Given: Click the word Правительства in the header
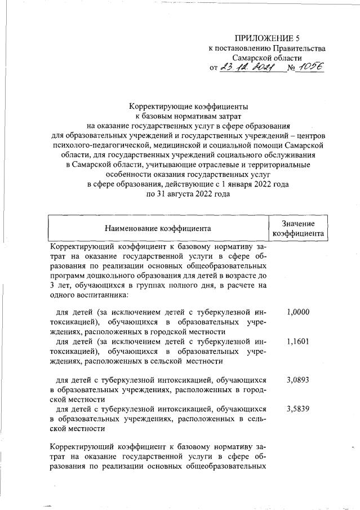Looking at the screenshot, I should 299,48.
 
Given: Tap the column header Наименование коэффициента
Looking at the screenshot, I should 157,229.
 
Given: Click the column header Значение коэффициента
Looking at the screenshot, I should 298,229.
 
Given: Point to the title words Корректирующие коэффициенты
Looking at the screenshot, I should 188,106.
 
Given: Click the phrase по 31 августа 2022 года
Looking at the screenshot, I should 188,193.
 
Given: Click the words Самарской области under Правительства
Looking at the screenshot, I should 267,58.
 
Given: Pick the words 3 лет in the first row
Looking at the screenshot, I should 61,285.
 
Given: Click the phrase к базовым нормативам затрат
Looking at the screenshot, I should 188,116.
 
